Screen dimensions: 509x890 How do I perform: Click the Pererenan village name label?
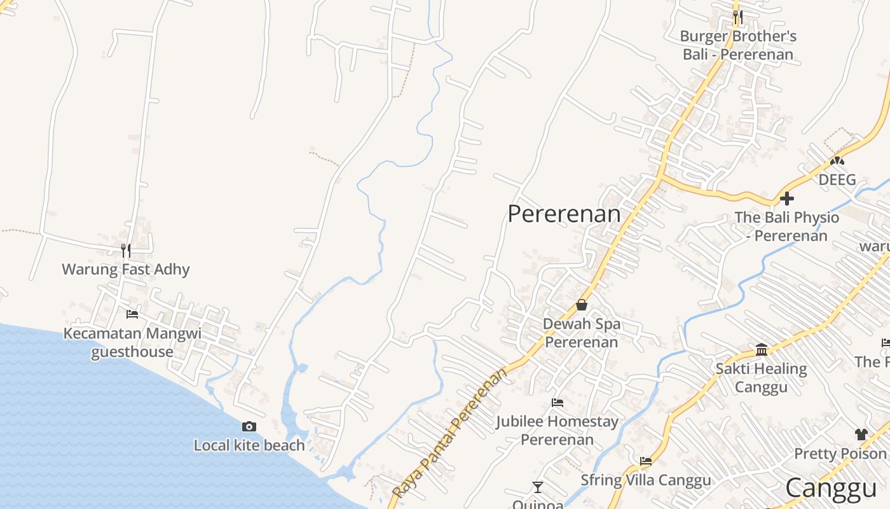coord(564,214)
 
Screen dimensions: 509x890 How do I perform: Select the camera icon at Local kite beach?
coord(249,426)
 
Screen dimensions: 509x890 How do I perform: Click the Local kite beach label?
coord(249,445)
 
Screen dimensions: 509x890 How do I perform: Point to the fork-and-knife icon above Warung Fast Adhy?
coord(126,250)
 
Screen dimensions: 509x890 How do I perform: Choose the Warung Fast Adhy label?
coord(126,269)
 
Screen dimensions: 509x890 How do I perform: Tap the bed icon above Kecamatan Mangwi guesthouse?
coord(132,314)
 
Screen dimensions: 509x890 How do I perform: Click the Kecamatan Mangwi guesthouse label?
coord(132,342)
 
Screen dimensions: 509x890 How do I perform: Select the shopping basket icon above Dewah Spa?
coord(581,305)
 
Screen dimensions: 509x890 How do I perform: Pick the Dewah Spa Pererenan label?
coord(581,333)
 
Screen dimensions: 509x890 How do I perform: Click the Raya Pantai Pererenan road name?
coord(452,433)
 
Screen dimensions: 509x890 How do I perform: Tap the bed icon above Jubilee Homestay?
coord(558,403)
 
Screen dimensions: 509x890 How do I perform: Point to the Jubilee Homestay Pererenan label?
coord(558,430)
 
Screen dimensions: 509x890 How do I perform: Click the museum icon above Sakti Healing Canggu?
coord(762,349)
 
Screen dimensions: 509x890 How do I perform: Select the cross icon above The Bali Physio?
coord(787,199)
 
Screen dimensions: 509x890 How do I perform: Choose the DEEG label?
coord(837,180)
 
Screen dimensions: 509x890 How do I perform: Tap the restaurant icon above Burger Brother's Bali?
coord(737,17)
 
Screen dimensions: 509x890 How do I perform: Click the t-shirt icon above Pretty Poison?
coord(861,435)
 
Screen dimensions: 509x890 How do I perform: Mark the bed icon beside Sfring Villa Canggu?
coord(646,461)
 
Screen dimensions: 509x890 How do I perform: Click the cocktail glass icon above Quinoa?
coord(538,487)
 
